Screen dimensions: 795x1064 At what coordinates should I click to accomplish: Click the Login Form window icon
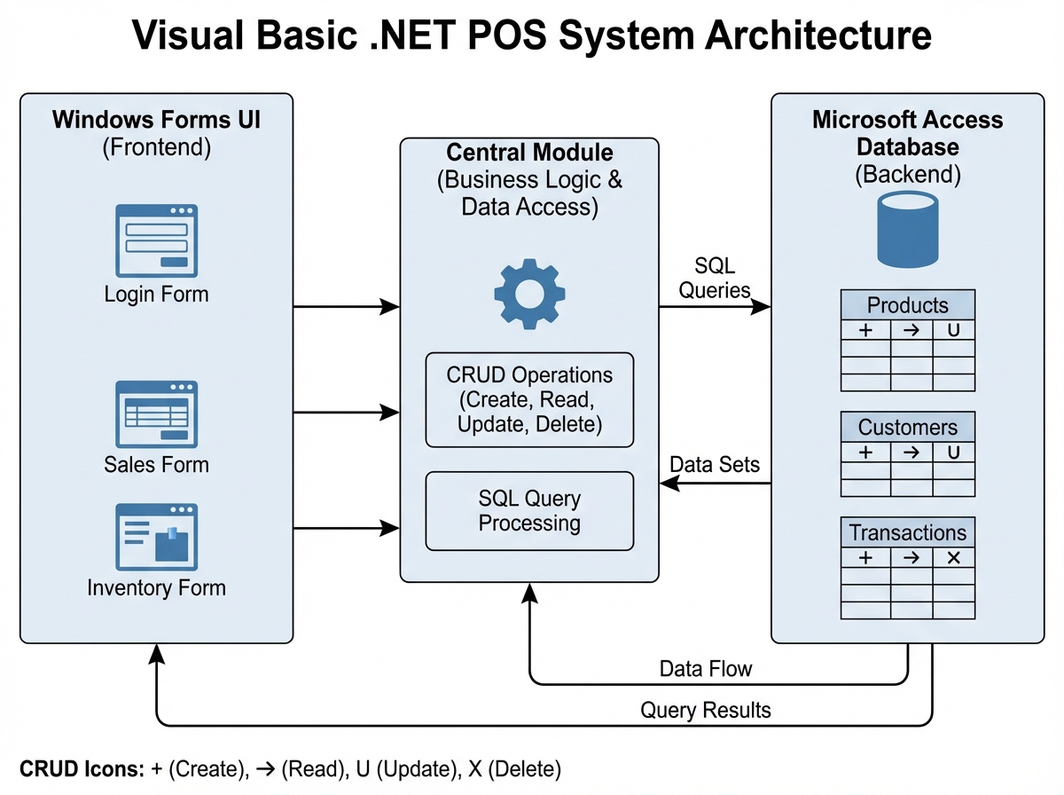click(x=156, y=240)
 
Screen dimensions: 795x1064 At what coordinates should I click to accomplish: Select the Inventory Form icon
click(x=156, y=537)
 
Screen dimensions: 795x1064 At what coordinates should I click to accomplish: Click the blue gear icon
click(x=528, y=294)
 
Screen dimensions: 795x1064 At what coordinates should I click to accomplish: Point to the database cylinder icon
click(x=907, y=230)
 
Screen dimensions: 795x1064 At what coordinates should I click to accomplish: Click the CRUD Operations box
click(x=529, y=399)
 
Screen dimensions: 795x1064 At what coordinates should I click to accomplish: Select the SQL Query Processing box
click(x=529, y=511)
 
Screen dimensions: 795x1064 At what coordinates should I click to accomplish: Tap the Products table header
click(x=907, y=306)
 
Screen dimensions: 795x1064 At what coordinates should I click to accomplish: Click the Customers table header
click(x=907, y=427)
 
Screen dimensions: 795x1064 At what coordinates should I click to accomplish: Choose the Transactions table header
click(x=907, y=532)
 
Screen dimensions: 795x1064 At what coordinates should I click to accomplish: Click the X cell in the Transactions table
click(x=954, y=557)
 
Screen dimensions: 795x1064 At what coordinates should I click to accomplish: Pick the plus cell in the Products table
click(x=865, y=331)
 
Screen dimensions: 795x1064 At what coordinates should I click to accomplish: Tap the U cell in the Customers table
click(x=954, y=453)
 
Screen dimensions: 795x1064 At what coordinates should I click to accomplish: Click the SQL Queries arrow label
click(x=715, y=278)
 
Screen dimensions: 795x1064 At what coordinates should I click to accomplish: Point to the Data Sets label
click(x=715, y=465)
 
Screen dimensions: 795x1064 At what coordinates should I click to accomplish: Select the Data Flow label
click(x=705, y=668)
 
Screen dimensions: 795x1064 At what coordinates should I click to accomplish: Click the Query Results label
click(x=705, y=710)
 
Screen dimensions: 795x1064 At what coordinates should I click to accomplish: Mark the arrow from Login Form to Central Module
click(x=346, y=306)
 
